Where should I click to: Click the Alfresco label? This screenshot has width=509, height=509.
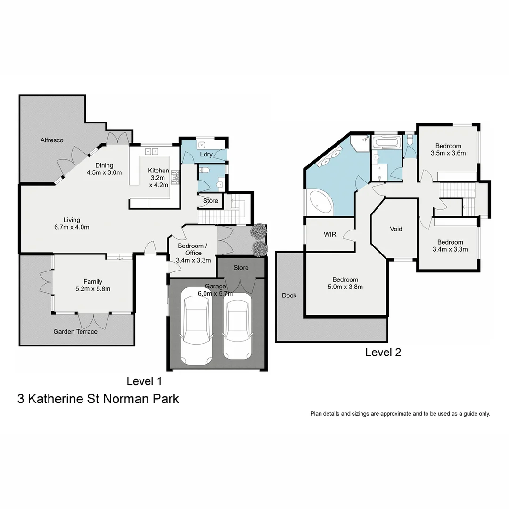click(52, 140)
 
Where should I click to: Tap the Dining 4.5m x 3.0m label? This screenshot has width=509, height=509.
click(104, 169)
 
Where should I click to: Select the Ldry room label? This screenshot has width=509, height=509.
click(206, 154)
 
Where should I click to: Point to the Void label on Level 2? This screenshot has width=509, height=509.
click(396, 229)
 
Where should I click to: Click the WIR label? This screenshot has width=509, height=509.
click(330, 234)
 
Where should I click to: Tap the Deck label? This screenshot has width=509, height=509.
click(289, 296)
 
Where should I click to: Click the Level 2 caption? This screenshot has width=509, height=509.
click(383, 352)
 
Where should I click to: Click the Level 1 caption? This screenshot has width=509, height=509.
click(144, 381)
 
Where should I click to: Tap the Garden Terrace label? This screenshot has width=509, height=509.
click(75, 331)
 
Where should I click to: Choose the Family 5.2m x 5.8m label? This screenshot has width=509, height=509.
click(93, 285)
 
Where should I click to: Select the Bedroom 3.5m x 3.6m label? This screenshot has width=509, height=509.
click(448, 149)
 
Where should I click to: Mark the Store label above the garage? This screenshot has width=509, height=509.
click(241, 268)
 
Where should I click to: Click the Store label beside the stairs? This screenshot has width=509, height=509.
click(211, 201)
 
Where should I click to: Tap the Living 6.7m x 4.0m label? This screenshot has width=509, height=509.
click(72, 223)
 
